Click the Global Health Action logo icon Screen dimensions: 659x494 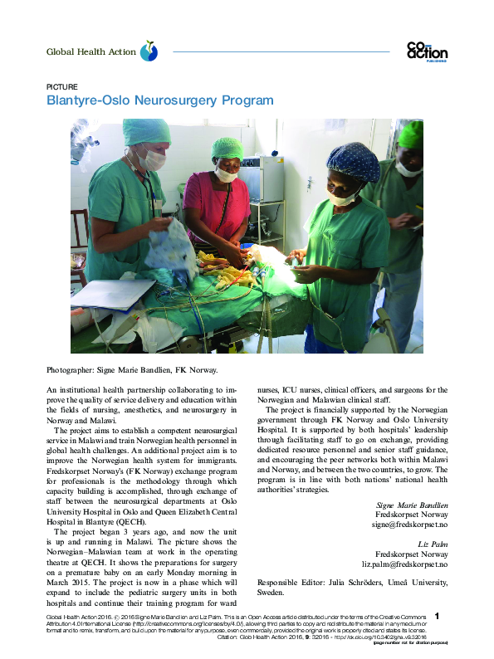tap(149, 51)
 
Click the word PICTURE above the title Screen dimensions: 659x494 tap(62, 85)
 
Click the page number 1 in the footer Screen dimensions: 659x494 tap(437, 617)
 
